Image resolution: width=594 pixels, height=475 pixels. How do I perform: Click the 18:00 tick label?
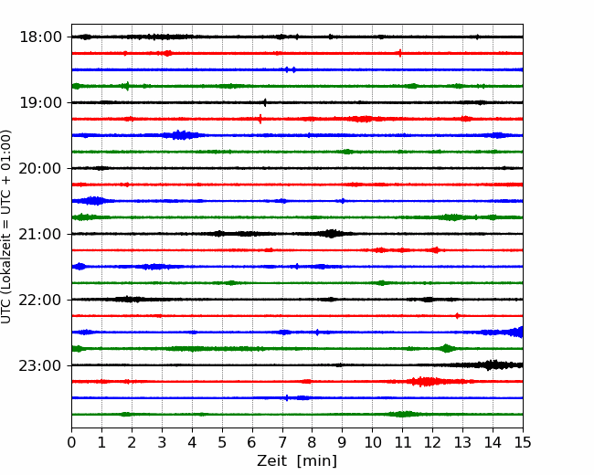40,37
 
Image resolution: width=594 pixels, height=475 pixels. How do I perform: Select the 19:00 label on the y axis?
40,102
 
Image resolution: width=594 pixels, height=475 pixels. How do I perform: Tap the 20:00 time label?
40,168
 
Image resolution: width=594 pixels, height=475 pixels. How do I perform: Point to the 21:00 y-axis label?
40,234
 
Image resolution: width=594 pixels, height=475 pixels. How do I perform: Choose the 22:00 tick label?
40,300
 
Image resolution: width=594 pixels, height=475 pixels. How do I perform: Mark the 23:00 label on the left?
40,365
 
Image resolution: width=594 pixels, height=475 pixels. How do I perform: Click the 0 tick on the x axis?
71,442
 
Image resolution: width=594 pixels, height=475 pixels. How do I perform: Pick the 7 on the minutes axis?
282,442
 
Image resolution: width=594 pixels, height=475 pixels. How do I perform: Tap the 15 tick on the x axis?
523,442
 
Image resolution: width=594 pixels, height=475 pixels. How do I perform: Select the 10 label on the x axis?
372,442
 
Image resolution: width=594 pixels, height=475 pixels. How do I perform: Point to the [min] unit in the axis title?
317,461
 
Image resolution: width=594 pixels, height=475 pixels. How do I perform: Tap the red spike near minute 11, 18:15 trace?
400,53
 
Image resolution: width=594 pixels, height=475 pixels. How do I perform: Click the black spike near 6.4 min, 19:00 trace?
265,102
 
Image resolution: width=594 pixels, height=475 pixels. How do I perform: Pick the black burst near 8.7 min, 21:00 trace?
332,233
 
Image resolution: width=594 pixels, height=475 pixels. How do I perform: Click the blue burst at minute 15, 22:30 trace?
516,332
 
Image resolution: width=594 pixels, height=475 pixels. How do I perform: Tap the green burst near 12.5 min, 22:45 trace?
447,348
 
